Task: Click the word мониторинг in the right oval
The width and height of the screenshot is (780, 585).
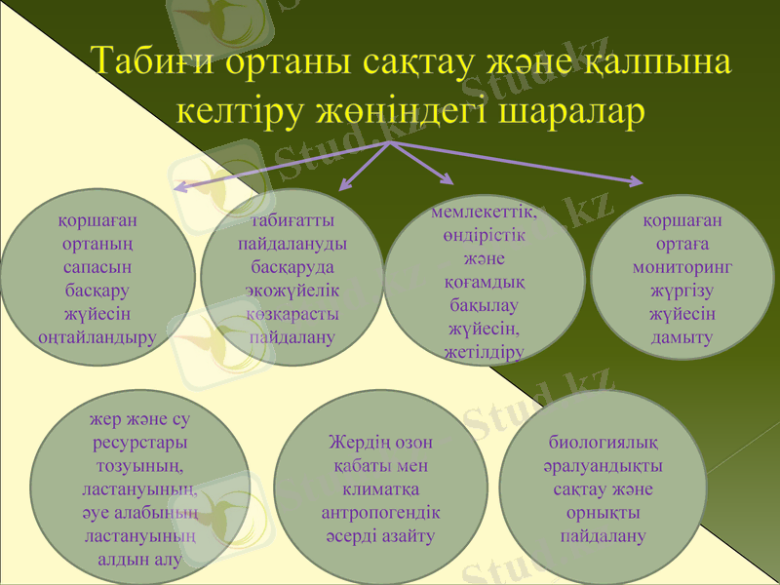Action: (x=682, y=266)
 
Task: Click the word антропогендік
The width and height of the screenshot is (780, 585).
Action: (x=381, y=512)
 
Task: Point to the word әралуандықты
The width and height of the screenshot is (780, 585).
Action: (x=603, y=465)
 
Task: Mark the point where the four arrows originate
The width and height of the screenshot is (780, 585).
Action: (x=391, y=142)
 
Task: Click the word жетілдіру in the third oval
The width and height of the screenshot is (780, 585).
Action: (x=485, y=351)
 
